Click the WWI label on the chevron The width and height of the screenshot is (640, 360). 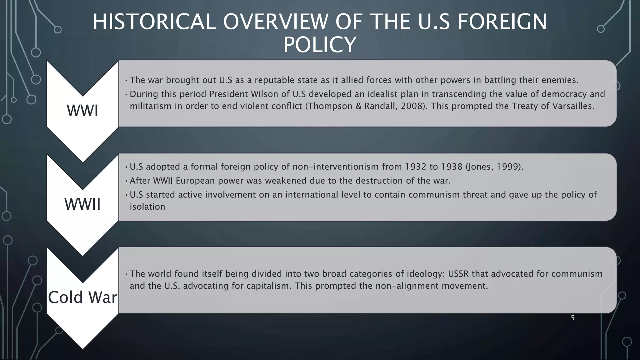tap(82, 111)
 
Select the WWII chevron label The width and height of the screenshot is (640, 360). tap(82, 204)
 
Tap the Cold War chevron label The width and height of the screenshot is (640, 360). tap(82, 297)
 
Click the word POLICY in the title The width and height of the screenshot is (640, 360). tap(320, 45)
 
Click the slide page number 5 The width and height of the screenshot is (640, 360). tap(572, 318)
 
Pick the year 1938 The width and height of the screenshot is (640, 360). tap(452, 167)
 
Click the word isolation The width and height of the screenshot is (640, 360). tap(147, 207)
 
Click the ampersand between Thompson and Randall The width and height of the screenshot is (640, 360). tap(358, 106)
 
